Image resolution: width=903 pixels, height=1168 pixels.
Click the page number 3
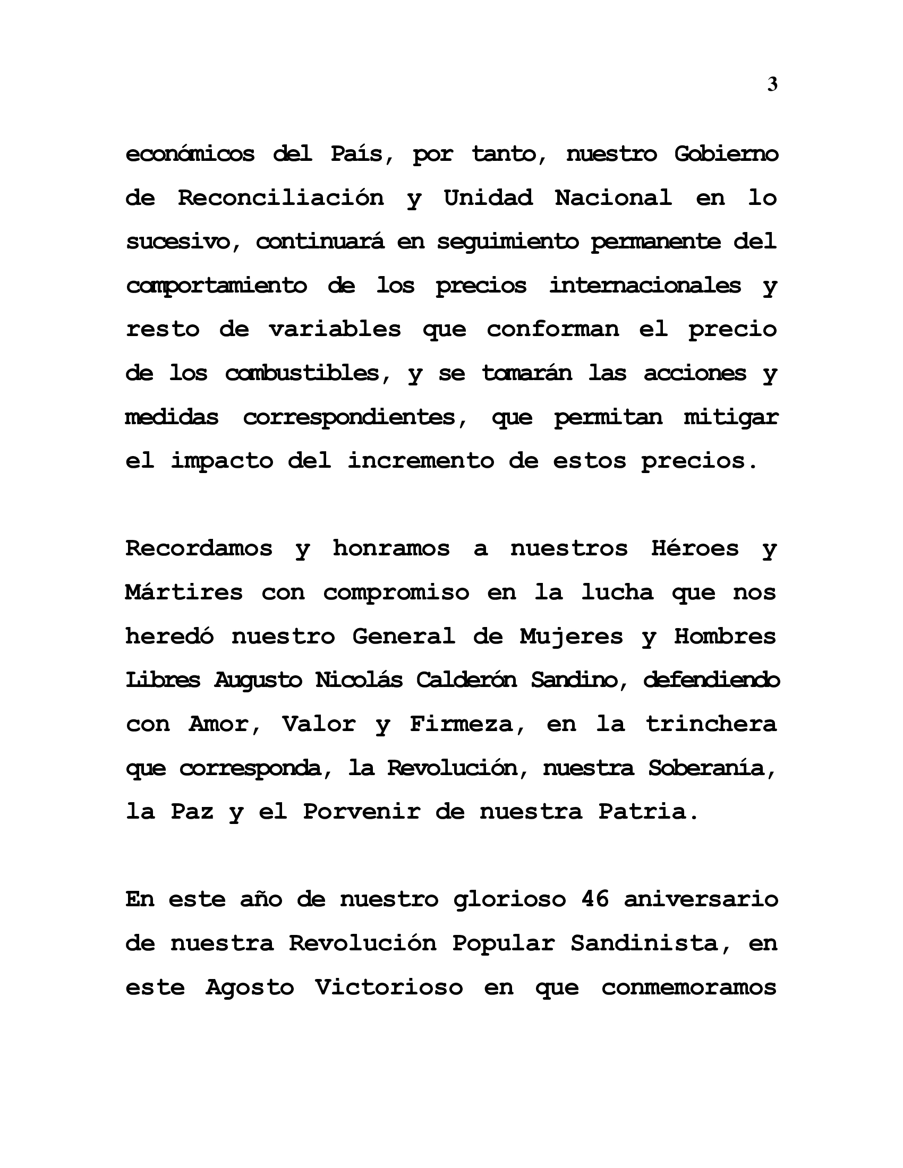point(772,84)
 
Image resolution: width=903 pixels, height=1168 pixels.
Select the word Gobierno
point(726,154)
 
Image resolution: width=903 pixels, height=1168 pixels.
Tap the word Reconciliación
point(281,198)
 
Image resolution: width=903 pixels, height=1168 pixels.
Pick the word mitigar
point(731,417)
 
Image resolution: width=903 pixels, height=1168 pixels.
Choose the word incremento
point(421,460)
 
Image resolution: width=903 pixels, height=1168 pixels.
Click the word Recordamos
point(199,548)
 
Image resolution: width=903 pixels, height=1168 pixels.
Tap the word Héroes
point(695,548)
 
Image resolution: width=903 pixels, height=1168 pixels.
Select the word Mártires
point(184,592)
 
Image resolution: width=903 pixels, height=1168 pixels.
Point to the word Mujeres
point(572,636)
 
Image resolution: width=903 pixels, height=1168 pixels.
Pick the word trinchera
point(711,724)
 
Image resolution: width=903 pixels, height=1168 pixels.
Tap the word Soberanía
point(712,768)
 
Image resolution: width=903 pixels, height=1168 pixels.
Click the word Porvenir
point(362,812)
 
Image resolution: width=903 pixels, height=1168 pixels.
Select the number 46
point(594,899)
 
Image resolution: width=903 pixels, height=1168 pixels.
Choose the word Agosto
point(250,987)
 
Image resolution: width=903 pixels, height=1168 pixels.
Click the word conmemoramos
point(689,987)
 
